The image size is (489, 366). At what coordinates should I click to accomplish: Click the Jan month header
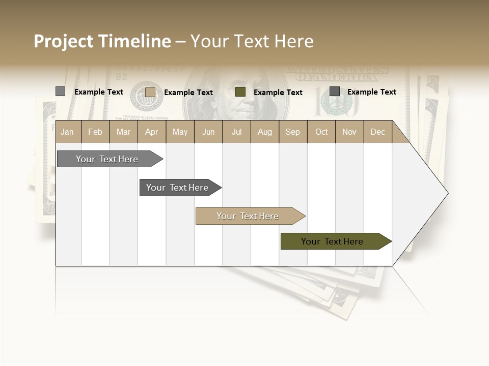pos(68,132)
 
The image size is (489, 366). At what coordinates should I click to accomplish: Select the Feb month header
pos(95,132)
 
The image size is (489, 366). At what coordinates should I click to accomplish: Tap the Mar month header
pos(123,132)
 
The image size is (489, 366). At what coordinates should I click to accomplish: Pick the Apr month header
pos(152,132)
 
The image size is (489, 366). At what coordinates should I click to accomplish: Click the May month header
pos(180,132)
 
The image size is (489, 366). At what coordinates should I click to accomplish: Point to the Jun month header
pos(208,132)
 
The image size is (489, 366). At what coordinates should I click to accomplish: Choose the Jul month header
pos(236,132)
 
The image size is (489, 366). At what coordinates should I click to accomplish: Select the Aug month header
pos(265,132)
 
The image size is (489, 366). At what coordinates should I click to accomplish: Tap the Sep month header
pos(293,132)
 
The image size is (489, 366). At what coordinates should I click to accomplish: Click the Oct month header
pos(321,132)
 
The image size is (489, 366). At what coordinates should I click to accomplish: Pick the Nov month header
pos(349,132)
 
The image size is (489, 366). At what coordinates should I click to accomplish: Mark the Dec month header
pos(378,132)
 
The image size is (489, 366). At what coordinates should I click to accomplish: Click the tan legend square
pos(150,92)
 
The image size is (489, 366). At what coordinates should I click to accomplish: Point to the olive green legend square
pos(240,92)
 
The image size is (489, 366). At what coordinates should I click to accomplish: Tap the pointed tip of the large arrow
pos(447,193)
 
